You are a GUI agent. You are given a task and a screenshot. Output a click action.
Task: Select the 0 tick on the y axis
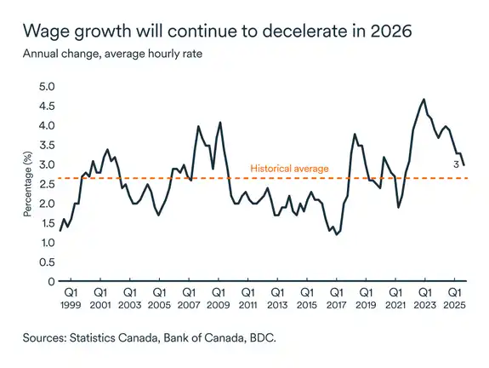[x=52, y=282]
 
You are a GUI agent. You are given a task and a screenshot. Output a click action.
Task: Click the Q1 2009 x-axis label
[x=217, y=298]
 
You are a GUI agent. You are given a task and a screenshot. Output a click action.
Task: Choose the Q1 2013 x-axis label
[x=276, y=298]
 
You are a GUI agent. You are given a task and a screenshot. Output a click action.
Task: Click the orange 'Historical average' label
[x=289, y=169]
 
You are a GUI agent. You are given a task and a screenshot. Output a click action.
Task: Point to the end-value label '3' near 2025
[x=456, y=164]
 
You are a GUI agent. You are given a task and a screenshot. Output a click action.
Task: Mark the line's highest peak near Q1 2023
[x=424, y=100]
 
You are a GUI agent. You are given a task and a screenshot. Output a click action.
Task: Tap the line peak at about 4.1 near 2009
[x=220, y=123]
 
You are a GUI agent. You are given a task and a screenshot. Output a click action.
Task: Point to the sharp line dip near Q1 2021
[x=398, y=207]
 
